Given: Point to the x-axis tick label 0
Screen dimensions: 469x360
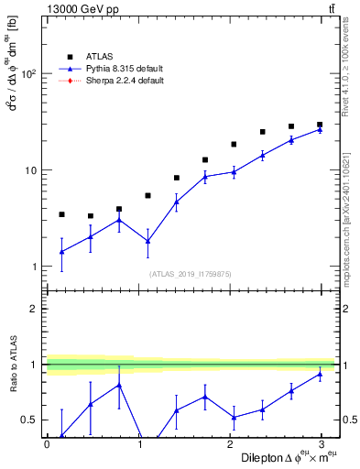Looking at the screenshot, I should (47, 444).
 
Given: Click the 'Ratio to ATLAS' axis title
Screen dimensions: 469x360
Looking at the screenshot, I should (12, 364).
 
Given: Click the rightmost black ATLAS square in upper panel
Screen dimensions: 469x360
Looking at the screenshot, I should (320, 125).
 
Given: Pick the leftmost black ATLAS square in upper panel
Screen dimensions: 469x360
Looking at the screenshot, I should (61, 214).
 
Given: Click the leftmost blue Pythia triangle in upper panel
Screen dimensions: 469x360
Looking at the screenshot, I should (61, 251).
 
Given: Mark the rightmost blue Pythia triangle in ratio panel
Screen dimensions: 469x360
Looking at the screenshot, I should (320, 374).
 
